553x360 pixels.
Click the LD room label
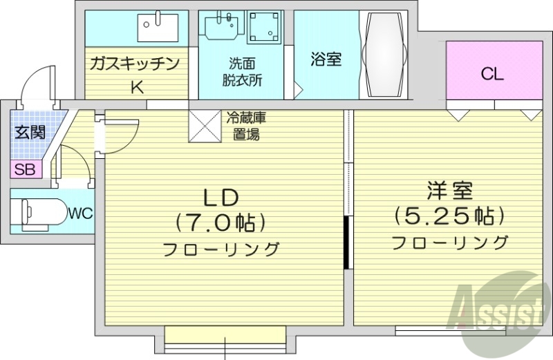pyautogui.click(x=221, y=198)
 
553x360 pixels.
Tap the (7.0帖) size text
pyautogui.click(x=221, y=222)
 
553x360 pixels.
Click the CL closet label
pyautogui.click(x=492, y=74)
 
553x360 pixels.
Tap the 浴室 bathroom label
pyautogui.click(x=326, y=59)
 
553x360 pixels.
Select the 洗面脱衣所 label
pyautogui.click(x=242, y=71)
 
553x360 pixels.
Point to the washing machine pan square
pyautogui.click(x=263, y=28)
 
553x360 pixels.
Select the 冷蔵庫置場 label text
pyautogui.click(x=245, y=126)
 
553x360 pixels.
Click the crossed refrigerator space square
pyautogui.click(x=205, y=126)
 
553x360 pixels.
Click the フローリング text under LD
pyautogui.click(x=221, y=249)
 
